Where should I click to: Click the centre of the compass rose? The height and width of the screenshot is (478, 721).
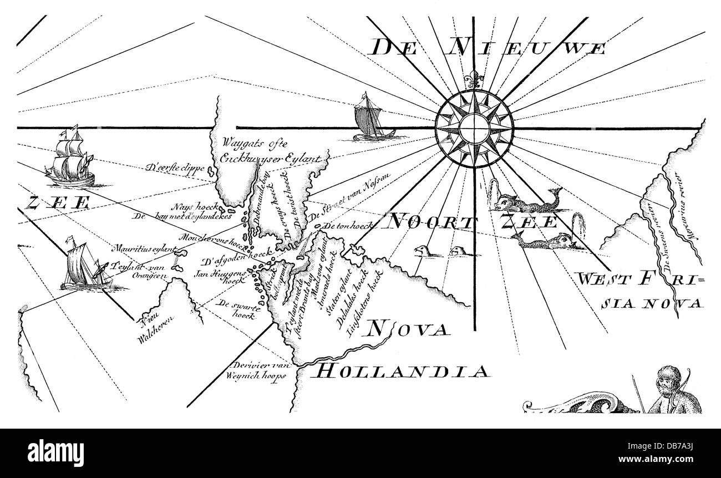click(474, 128)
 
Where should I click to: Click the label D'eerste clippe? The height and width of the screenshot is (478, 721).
click(175, 166)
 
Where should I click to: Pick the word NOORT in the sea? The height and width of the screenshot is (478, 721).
click(433, 222)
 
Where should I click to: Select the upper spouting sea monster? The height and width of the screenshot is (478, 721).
click(524, 202)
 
